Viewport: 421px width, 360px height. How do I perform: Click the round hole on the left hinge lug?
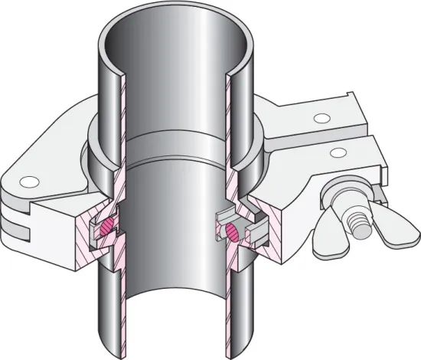click(x=30, y=182)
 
